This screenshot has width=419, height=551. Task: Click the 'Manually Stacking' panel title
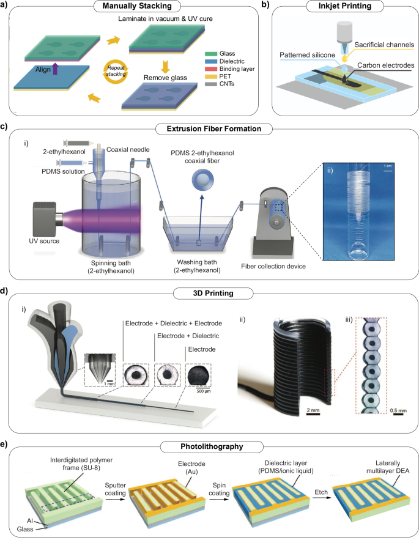click(x=137, y=6)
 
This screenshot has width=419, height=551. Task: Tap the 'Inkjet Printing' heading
click(x=345, y=6)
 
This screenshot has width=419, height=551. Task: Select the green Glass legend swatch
click(x=211, y=54)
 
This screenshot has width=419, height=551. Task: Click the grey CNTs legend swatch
click(x=211, y=84)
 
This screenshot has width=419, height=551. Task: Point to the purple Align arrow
click(x=55, y=68)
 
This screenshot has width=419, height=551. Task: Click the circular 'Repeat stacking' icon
click(x=116, y=72)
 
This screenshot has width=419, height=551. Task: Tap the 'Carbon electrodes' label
click(x=385, y=65)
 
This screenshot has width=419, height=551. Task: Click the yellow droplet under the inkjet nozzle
click(x=344, y=56)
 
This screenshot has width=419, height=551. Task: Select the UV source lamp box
click(x=44, y=219)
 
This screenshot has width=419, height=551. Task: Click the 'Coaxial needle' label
click(x=128, y=150)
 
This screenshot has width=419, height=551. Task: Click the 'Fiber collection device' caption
click(x=273, y=267)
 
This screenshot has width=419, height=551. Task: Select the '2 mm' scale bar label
click(x=313, y=410)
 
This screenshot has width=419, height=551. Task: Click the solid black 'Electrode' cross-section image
click(x=199, y=375)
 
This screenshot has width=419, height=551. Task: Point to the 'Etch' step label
click(x=321, y=492)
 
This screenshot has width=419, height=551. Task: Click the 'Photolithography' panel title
click(x=212, y=446)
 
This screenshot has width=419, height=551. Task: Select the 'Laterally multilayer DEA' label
click(x=388, y=467)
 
